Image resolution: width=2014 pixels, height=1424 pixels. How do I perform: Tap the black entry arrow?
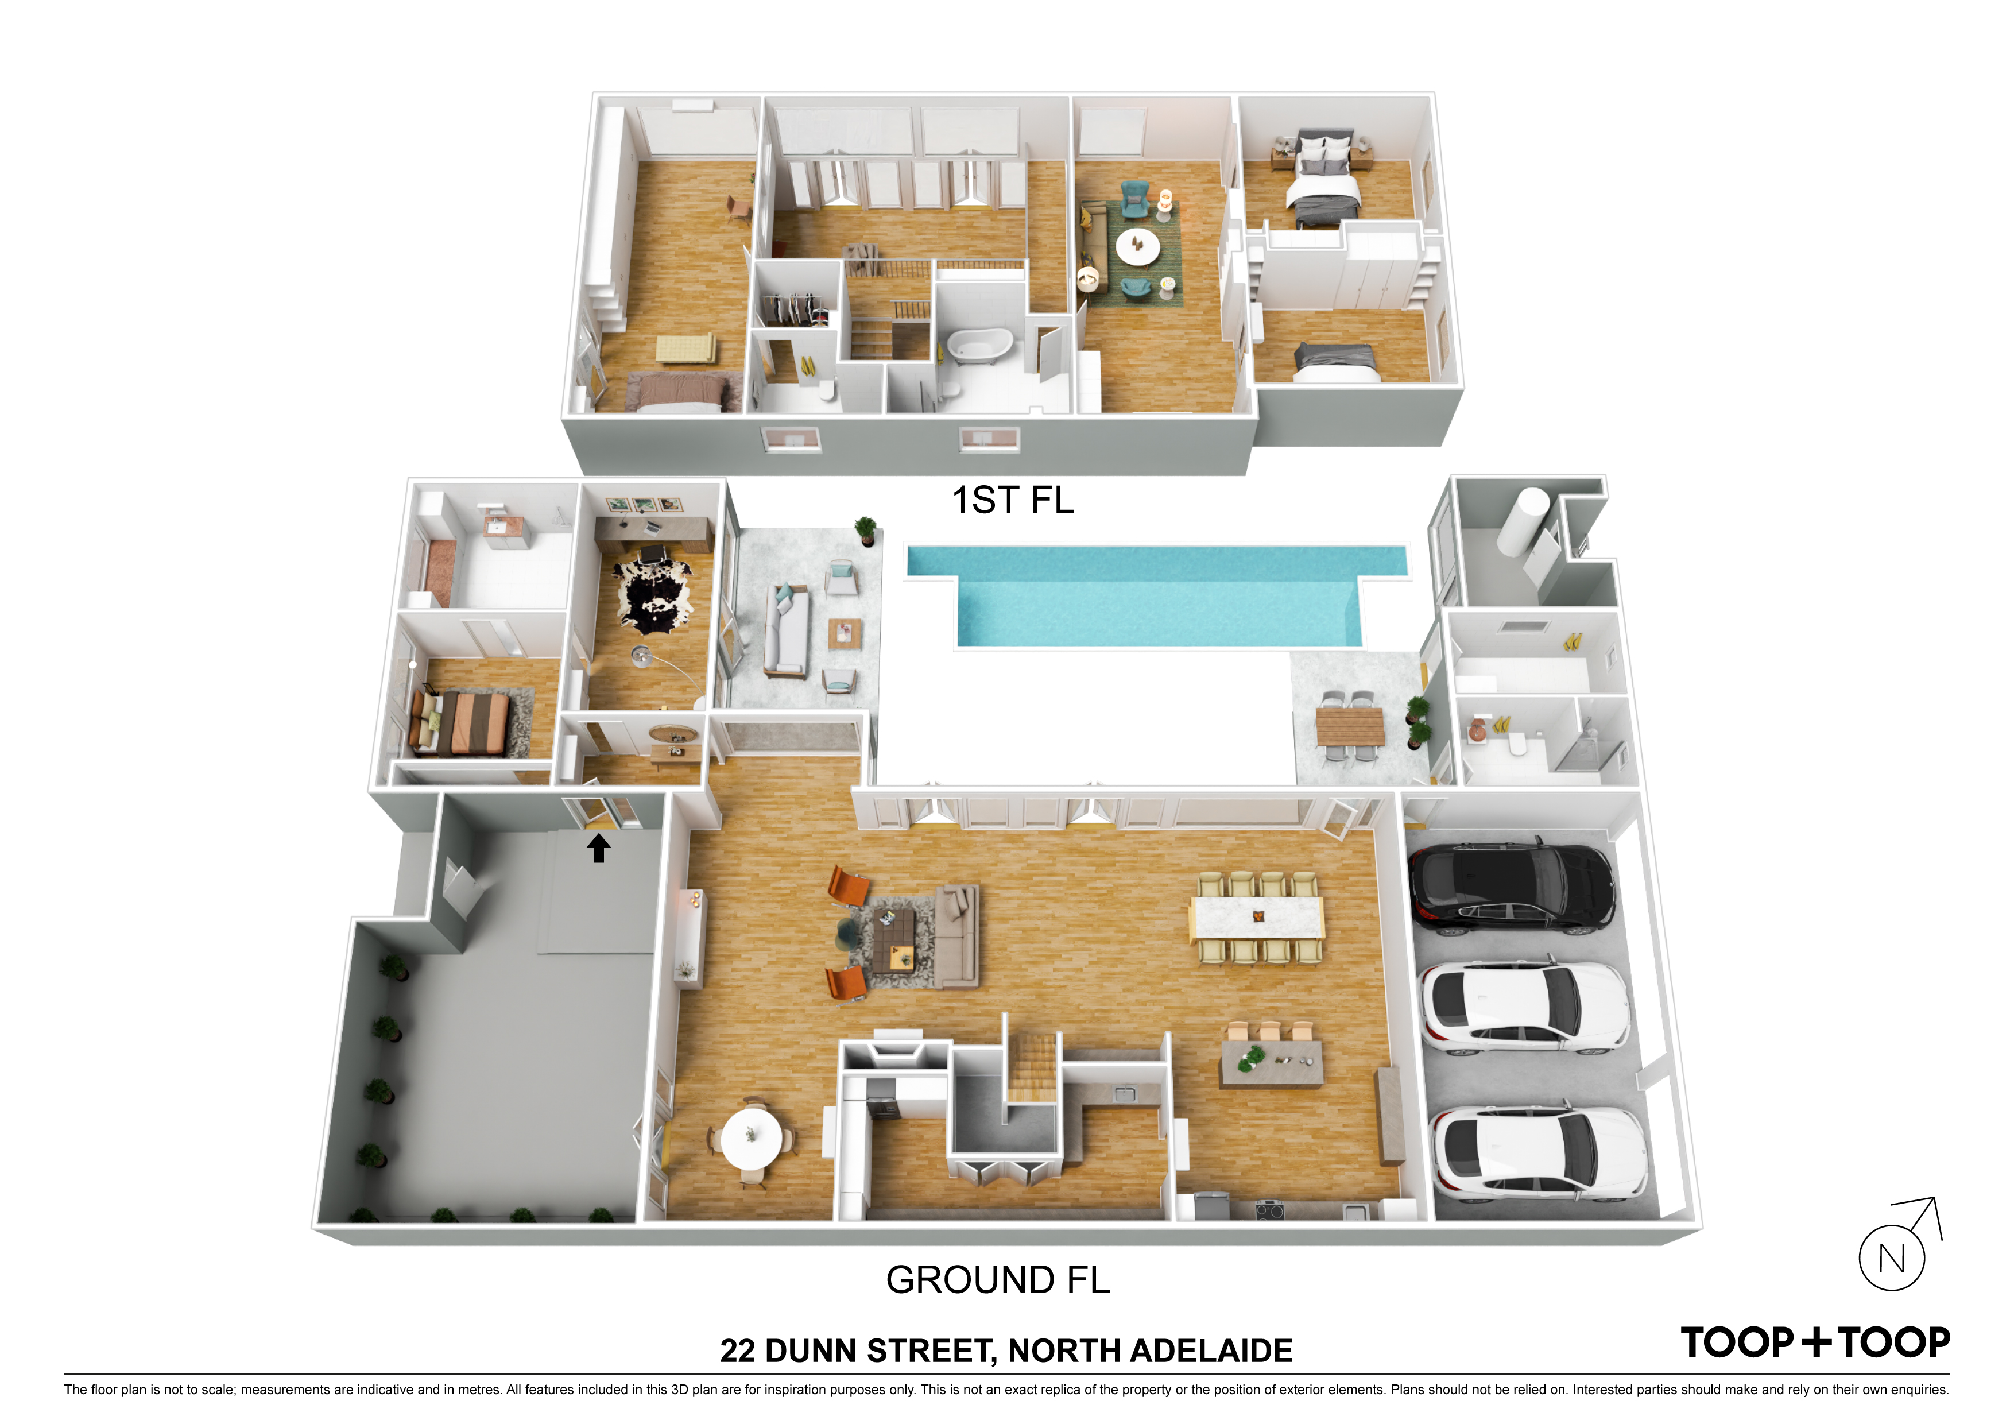click(598, 848)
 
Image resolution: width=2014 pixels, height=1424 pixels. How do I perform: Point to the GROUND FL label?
click(997, 1279)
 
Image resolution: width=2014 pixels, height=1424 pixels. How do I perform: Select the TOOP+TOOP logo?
click(1815, 1342)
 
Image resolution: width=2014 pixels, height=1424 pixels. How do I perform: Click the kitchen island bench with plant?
click(1272, 1062)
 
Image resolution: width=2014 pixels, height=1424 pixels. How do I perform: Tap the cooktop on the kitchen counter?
click(1270, 1211)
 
